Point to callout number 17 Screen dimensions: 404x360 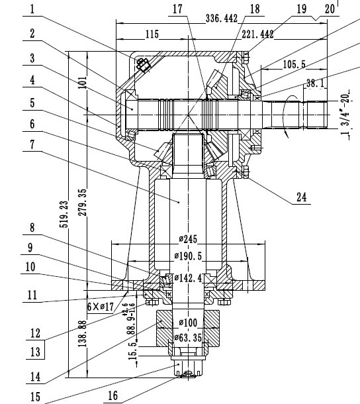176,9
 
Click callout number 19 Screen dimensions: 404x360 301,9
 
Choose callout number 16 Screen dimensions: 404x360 114,395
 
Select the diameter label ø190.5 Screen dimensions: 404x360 189,255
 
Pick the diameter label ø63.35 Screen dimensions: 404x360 188,337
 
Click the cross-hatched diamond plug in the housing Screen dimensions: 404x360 143,64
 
